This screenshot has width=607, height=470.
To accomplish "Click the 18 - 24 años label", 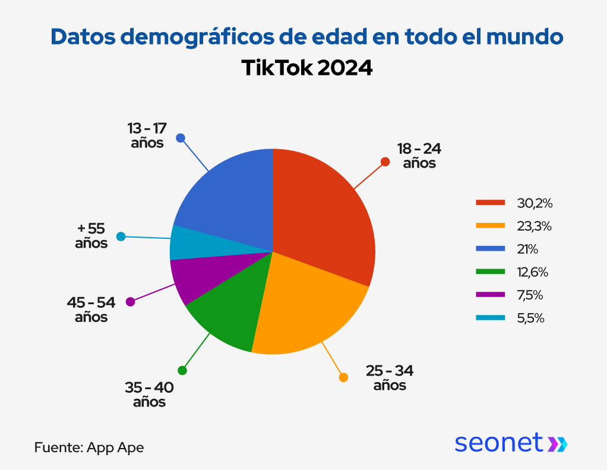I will tap(419, 156).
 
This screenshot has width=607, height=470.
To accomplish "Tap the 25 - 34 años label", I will tap(390, 378).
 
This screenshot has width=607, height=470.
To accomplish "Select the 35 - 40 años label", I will tap(149, 395).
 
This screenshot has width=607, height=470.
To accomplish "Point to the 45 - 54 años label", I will tap(91, 310).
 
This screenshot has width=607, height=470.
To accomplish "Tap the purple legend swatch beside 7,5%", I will tap(490, 295).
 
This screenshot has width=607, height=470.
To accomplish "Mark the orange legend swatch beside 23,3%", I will tap(490, 226).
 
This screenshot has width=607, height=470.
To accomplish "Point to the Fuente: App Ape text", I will tap(89, 447).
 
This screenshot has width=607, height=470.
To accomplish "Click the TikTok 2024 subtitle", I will tap(306, 68).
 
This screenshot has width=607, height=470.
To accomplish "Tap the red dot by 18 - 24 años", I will tap(385, 162).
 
